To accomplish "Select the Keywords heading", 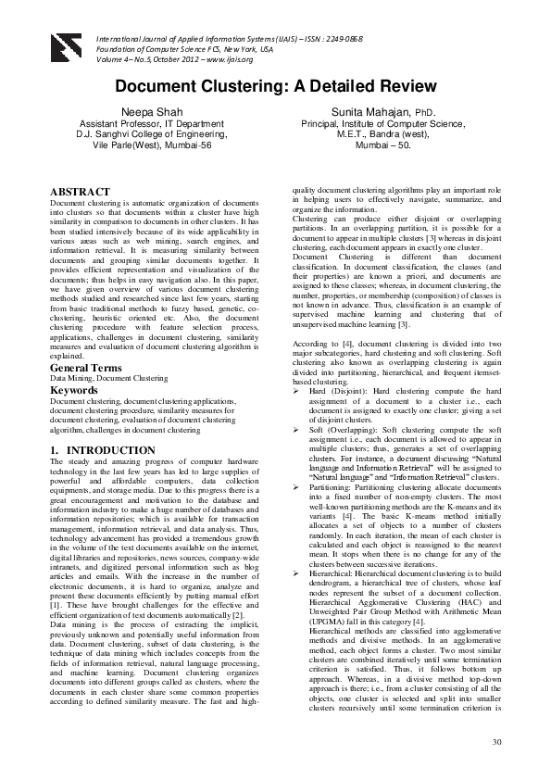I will [x=75, y=391].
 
